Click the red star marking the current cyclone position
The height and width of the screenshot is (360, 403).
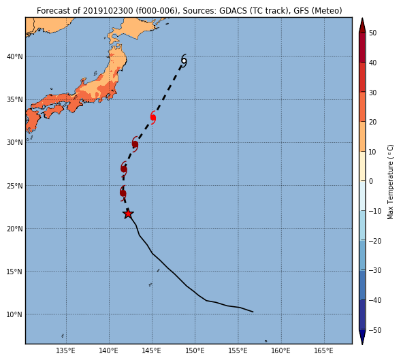(x=128, y=214)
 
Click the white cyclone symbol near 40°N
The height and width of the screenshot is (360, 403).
(x=184, y=61)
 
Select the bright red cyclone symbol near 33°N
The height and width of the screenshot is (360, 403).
(x=153, y=118)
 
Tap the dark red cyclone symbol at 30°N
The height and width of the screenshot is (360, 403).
(x=135, y=144)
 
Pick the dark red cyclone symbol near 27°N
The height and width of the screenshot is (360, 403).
(x=124, y=169)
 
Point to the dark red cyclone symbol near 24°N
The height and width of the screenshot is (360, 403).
(x=123, y=193)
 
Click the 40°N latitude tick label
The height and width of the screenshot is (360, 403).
(x=15, y=56)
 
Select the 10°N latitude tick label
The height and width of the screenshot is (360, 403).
(x=15, y=314)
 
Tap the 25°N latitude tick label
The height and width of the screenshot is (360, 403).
(x=15, y=186)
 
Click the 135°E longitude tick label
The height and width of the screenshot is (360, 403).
(x=66, y=350)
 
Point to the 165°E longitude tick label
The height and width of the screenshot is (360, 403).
(x=324, y=350)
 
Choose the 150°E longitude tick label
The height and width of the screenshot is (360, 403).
(x=195, y=350)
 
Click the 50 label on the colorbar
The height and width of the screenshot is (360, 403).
(x=372, y=33)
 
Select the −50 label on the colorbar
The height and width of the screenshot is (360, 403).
(x=375, y=330)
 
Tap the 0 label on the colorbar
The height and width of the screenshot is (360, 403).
(x=371, y=181)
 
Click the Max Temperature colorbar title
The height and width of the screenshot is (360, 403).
(x=390, y=182)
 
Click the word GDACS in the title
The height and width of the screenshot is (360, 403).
(x=232, y=11)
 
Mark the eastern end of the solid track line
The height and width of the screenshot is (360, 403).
(x=253, y=312)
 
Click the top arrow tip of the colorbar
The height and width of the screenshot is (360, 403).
(x=362, y=18)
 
